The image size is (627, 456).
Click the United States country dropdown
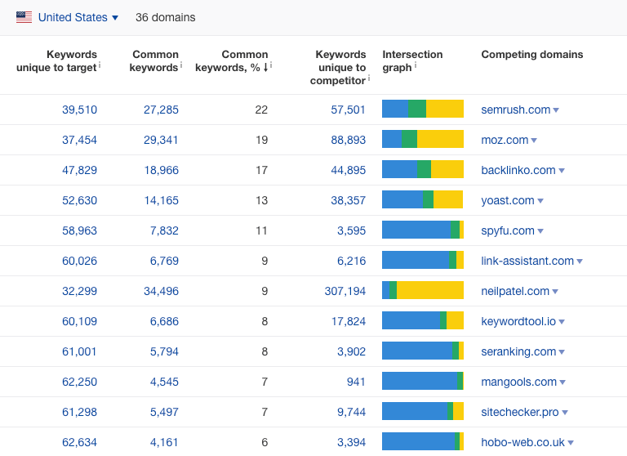[78, 18]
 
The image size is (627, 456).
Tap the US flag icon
[24, 17]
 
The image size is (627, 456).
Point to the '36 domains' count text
[165, 18]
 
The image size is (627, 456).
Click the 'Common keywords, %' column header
[233, 60]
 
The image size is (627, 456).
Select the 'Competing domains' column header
[531, 55]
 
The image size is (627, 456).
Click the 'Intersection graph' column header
[412, 60]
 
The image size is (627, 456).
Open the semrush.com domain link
[515, 110]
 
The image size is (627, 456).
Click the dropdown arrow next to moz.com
[534, 141]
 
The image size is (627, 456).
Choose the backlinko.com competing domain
[518, 170]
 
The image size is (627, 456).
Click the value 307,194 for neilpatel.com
[345, 291]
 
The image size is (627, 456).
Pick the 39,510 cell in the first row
[79, 110]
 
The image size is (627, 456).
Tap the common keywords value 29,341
[161, 140]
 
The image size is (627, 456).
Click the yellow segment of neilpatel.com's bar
[430, 290]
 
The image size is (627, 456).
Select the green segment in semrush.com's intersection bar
[417, 109]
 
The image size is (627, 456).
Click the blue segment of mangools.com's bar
[420, 381]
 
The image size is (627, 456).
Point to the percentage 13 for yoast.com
[261, 200]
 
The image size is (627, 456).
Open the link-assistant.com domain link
[527, 261]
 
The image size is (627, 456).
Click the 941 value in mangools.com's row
[356, 382]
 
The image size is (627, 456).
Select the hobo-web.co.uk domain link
[522, 442]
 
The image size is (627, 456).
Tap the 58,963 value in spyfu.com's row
[79, 230]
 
